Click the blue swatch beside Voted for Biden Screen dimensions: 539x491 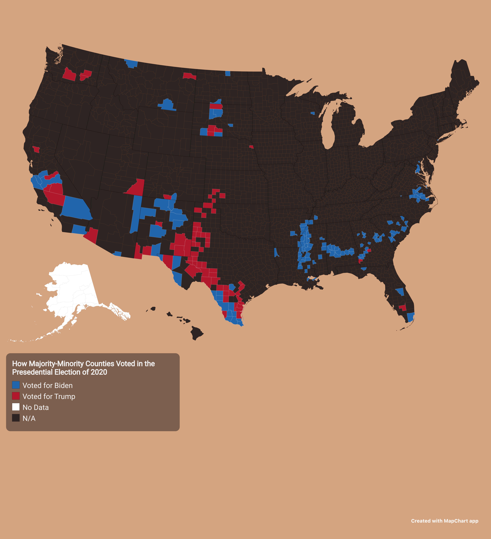(16, 385)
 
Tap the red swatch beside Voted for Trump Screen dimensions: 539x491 (16, 396)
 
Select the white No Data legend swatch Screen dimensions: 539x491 (16, 407)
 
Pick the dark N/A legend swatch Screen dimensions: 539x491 (16, 418)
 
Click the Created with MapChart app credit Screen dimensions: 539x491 (444, 521)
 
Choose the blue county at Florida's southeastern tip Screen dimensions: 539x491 (410, 317)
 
